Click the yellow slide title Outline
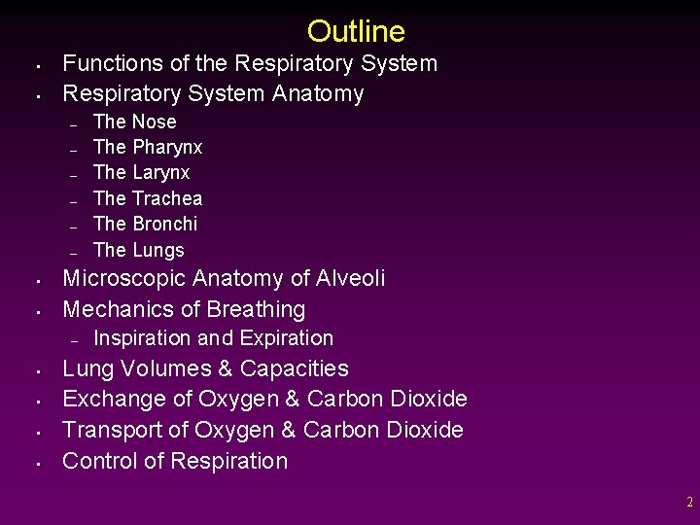coord(356,32)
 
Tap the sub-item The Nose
coord(134,122)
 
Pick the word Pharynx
coord(167,148)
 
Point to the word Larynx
coord(160,173)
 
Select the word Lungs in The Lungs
coord(157,250)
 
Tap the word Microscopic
coord(124,279)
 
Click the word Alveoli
coord(350,279)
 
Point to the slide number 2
coord(689,503)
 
